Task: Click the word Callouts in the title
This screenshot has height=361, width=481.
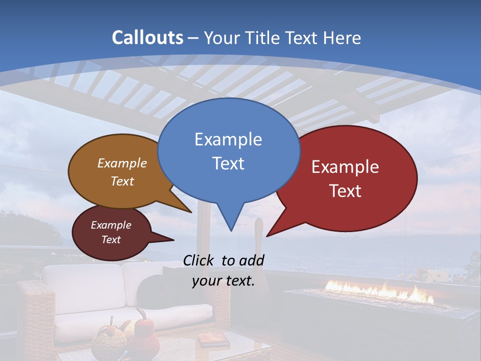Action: click(147, 38)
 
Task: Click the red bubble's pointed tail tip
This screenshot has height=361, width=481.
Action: click(268, 235)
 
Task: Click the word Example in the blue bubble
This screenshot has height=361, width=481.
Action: click(228, 139)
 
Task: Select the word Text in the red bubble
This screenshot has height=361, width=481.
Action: click(346, 191)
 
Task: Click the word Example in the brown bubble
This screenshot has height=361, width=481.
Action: click(122, 163)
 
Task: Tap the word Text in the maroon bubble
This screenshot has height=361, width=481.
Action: click(111, 240)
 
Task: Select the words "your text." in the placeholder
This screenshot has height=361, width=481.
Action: click(223, 281)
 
